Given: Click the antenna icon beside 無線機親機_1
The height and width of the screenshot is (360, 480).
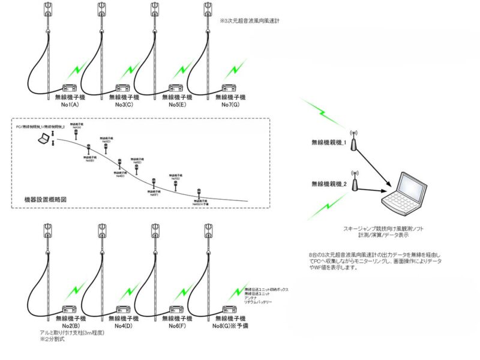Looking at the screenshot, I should click(354, 140).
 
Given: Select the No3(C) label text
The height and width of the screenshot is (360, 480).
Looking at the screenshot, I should click(126, 104).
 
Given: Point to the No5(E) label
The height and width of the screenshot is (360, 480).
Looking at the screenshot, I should click(180, 104).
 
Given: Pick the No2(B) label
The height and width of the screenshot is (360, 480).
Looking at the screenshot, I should click(71, 326).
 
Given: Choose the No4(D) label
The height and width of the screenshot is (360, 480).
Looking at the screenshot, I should click(126, 326).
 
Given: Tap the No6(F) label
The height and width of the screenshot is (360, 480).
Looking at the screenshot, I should click(179, 326).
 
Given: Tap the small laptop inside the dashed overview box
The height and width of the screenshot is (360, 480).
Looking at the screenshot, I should click(44, 140).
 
